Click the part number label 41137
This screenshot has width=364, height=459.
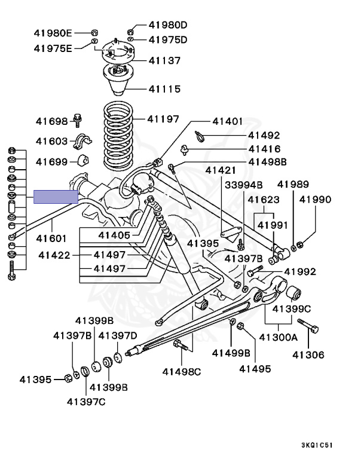[164, 60]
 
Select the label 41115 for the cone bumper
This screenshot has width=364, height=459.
[164, 89]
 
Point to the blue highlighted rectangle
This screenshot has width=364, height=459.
[56, 197]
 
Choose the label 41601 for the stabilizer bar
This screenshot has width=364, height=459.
[52, 238]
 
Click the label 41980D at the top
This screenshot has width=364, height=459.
[168, 25]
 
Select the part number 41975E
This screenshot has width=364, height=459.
[53, 48]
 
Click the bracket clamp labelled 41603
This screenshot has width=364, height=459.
[82, 142]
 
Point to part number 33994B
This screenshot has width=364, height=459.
[243, 185]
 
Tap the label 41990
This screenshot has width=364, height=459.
[315, 200]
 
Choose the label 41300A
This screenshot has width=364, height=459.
[278, 337]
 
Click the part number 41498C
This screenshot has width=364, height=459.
[182, 372]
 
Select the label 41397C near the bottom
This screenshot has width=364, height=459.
[86, 401]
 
